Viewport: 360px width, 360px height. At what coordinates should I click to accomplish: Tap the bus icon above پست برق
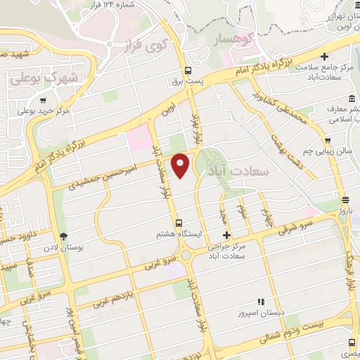coord(188,70)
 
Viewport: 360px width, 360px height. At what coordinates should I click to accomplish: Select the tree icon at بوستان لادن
coord(64,236)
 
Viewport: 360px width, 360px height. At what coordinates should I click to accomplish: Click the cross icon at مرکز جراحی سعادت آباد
coord(226,235)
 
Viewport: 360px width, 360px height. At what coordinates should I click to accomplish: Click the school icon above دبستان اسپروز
coord(260,301)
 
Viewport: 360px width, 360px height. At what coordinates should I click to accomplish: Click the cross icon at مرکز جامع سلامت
coord(323,56)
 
